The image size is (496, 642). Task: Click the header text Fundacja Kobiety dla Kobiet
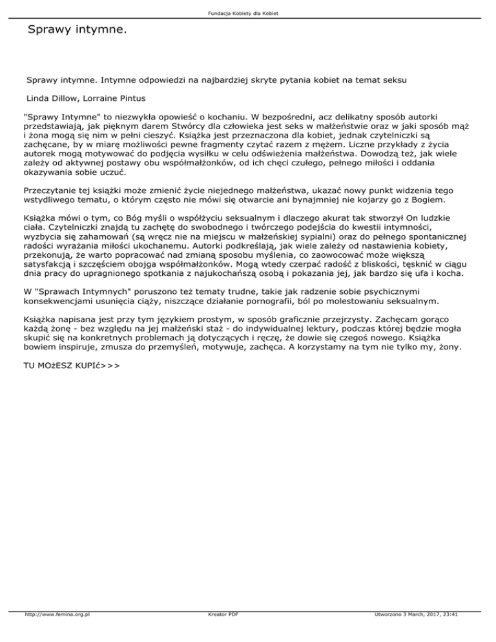pyautogui.click(x=248, y=13)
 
